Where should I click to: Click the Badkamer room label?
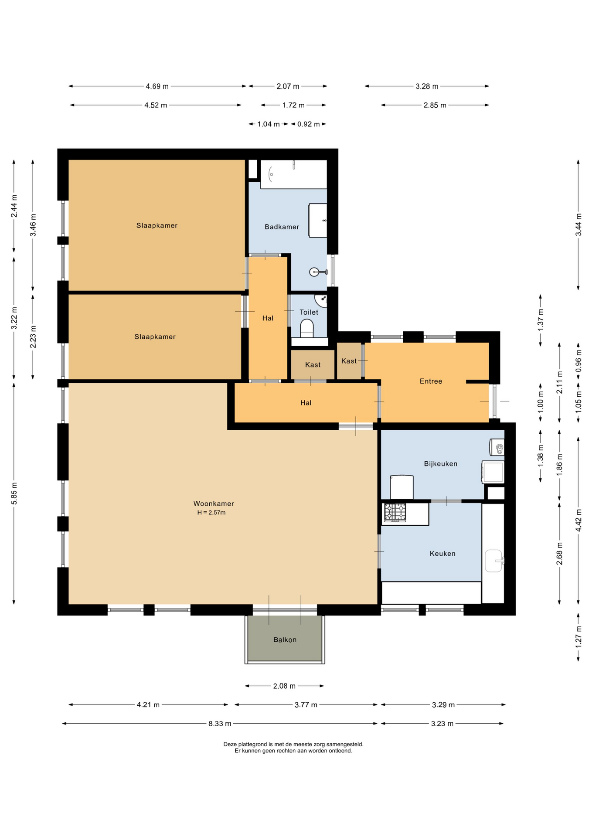(282, 227)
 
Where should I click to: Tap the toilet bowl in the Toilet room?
(307, 328)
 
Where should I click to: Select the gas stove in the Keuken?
(395, 513)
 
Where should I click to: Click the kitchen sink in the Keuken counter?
(494, 561)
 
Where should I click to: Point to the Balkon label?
(285, 640)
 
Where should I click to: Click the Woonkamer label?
(214, 504)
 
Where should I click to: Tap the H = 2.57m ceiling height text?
(211, 513)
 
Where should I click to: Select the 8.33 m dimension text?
(220, 724)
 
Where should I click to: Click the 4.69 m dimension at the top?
(157, 86)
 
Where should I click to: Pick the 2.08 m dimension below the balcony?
(284, 686)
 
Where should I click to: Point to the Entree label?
(431, 381)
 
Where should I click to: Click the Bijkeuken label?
(441, 463)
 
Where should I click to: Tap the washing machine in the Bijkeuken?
(493, 472)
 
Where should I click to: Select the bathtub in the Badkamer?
(294, 174)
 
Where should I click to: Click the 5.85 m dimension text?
(14, 493)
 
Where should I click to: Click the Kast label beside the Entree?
(349, 361)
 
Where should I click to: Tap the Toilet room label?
(309, 312)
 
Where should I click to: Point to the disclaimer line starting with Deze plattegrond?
(293, 745)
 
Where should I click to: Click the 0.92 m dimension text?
(309, 124)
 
